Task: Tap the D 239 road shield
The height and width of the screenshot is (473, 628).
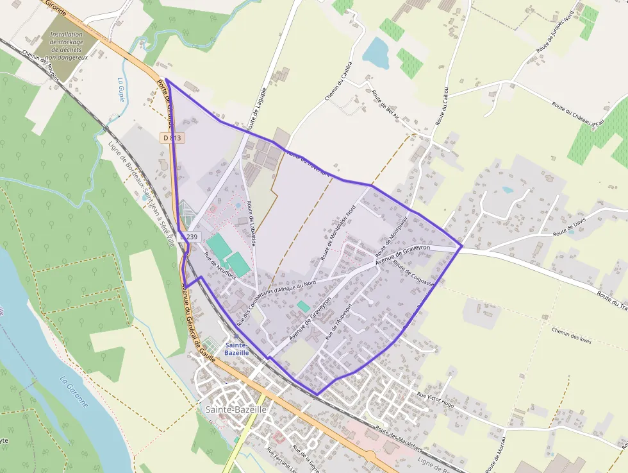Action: [x=190, y=237]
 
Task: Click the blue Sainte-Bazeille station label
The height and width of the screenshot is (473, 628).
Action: [x=238, y=348]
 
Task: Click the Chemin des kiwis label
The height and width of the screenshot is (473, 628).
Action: [x=571, y=334]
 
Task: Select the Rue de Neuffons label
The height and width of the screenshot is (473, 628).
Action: [x=220, y=266]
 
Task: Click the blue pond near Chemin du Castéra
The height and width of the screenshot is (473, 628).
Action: [x=376, y=53]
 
